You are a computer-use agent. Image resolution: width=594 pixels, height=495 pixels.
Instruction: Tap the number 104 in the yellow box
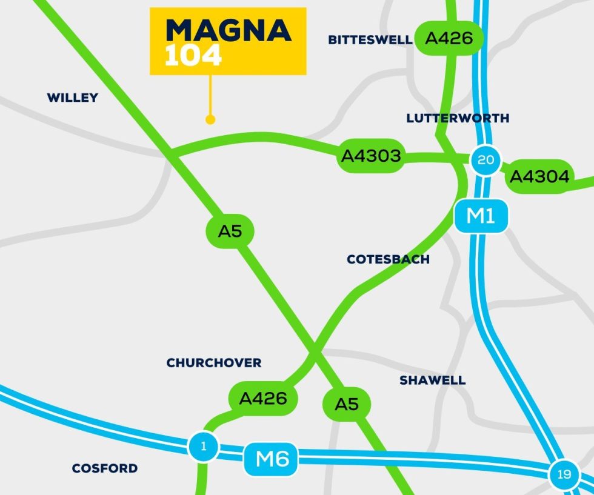(193, 56)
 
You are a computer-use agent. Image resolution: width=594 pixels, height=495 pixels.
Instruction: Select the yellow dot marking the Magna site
(210, 120)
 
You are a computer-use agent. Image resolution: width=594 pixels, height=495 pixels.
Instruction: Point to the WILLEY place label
(72, 98)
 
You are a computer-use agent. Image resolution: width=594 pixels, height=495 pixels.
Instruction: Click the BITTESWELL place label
(370, 40)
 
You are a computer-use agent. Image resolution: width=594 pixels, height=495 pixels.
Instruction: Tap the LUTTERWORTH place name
(458, 118)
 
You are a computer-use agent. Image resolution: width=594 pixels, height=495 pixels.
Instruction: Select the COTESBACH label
(388, 259)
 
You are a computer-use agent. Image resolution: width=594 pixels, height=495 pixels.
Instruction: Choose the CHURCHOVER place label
(214, 363)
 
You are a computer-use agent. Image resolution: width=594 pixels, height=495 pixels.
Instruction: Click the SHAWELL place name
(432, 380)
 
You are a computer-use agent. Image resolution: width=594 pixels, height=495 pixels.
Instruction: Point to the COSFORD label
(104, 468)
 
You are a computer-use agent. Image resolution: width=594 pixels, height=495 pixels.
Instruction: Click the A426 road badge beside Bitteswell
(449, 39)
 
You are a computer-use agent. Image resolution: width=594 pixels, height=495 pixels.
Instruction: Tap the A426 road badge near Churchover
(263, 399)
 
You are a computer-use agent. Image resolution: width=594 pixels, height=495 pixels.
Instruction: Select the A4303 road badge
(371, 156)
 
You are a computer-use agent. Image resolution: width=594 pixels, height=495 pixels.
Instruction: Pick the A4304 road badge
(539, 176)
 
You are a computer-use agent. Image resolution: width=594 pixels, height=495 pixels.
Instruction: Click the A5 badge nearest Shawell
(347, 404)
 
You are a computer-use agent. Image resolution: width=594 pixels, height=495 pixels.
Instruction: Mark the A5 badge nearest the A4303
(230, 231)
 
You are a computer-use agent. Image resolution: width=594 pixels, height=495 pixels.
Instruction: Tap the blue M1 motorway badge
(481, 216)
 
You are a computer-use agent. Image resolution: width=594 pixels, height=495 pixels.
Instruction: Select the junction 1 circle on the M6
(204, 447)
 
